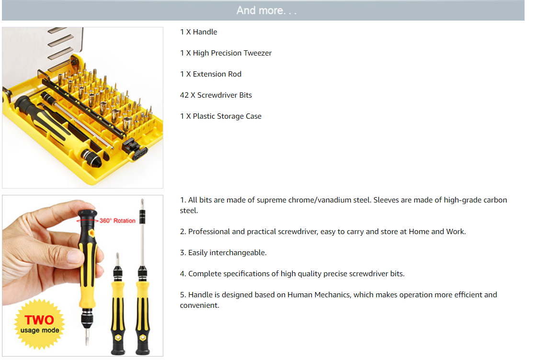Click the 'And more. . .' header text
click(x=266, y=11)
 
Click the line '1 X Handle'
click(x=199, y=32)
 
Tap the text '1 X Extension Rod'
click(x=211, y=74)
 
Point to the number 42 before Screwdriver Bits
click(x=184, y=95)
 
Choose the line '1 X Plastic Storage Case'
click(x=220, y=116)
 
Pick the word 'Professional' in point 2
click(x=209, y=232)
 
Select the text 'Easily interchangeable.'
click(x=228, y=253)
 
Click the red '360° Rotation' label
click(x=117, y=221)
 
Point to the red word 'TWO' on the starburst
click(x=39, y=320)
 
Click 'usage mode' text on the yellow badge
click(x=40, y=331)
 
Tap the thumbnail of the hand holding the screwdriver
click(x=82, y=276)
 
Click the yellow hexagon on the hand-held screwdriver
click(x=92, y=233)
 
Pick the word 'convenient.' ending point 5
click(x=199, y=305)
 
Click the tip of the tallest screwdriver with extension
click(x=142, y=199)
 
